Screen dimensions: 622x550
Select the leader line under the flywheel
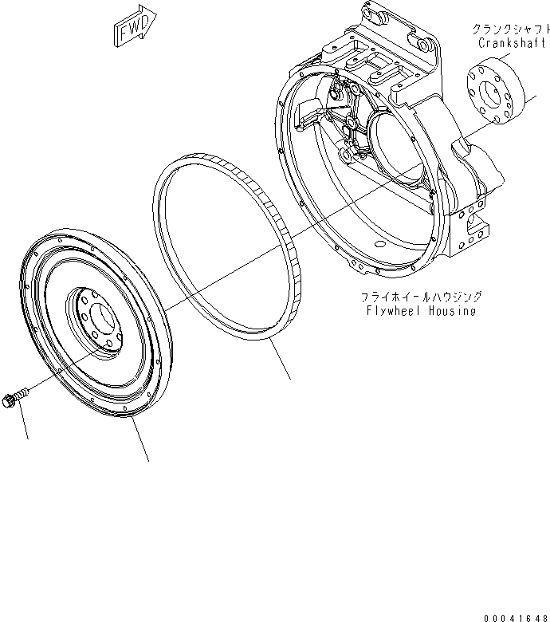point(140,441)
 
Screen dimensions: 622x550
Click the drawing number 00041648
point(515,614)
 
